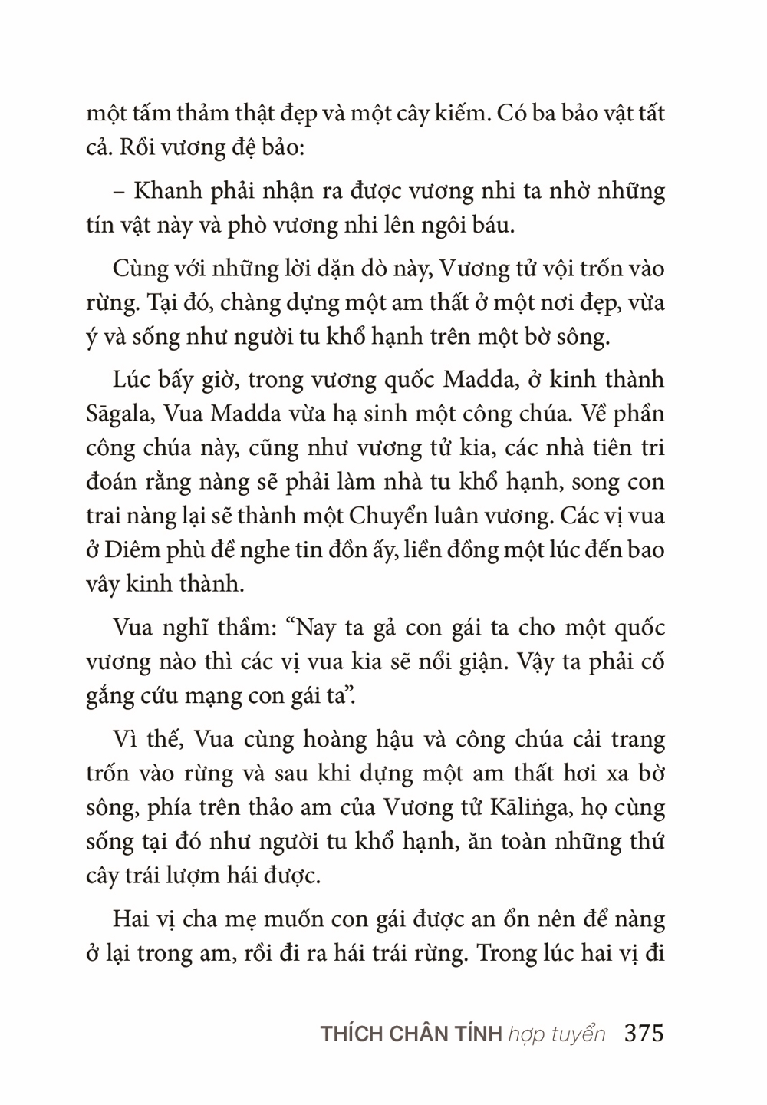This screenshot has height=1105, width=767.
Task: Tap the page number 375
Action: click(x=644, y=1033)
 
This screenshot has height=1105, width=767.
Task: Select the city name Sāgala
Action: click(x=118, y=414)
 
